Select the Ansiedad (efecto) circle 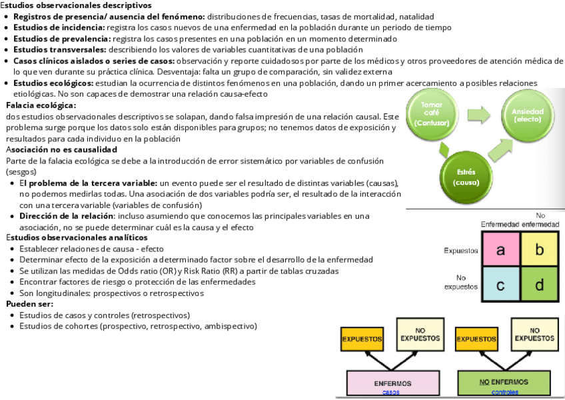coord(528,115)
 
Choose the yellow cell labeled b coord(540,250)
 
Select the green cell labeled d coord(540,285)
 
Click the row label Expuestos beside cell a coord(461,251)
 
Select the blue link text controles coord(504,393)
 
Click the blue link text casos coord(392,393)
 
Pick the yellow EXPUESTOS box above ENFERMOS coord(362,339)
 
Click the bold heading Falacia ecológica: coord(41,105)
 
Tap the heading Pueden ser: coord(30,304)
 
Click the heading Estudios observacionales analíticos coord(77,237)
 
